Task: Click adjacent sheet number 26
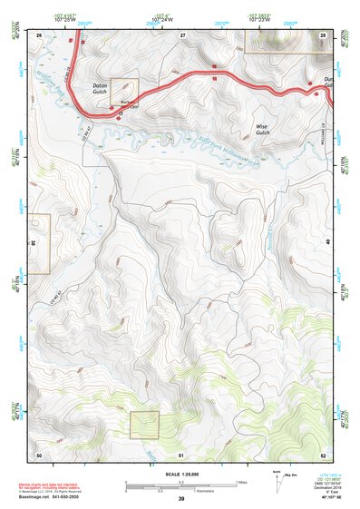39,34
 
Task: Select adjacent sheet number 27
182,34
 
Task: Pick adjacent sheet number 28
322,34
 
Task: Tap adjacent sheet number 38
33,243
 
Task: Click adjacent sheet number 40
328,243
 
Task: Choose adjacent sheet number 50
39,454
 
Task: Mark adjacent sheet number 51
181,454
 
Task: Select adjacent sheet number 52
323,454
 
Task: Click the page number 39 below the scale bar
181,499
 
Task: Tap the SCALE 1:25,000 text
180,473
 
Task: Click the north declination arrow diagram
277,483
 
